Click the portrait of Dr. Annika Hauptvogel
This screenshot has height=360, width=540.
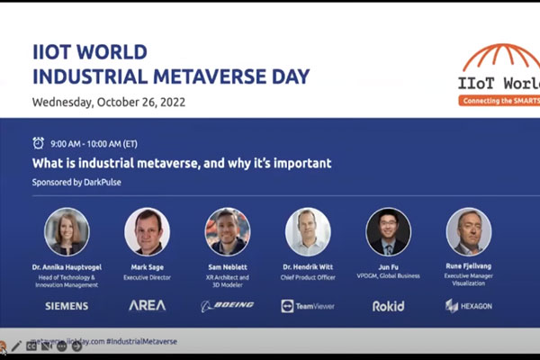[x=67, y=232]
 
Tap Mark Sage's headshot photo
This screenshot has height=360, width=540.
[x=148, y=232]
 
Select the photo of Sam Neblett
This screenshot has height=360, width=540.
[x=228, y=232]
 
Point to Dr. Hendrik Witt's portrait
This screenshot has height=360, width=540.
[x=308, y=232]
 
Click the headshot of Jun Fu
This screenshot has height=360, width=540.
[x=388, y=232]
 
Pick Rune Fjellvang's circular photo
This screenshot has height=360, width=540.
[x=469, y=232]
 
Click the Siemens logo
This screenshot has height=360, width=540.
[x=67, y=306]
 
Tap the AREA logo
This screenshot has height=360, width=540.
[x=148, y=306]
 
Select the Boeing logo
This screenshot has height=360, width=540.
[x=228, y=306]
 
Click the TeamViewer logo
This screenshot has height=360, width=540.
[x=308, y=306]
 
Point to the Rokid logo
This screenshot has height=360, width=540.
[x=388, y=306]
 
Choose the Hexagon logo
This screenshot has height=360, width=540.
[x=469, y=306]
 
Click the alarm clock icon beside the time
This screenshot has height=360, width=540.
[x=38, y=143]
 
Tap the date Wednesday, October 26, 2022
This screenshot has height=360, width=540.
[x=109, y=101]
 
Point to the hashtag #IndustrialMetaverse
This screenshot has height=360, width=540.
[x=141, y=342]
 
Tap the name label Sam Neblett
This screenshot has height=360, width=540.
[x=228, y=267]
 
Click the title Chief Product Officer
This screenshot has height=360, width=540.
[x=308, y=275]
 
